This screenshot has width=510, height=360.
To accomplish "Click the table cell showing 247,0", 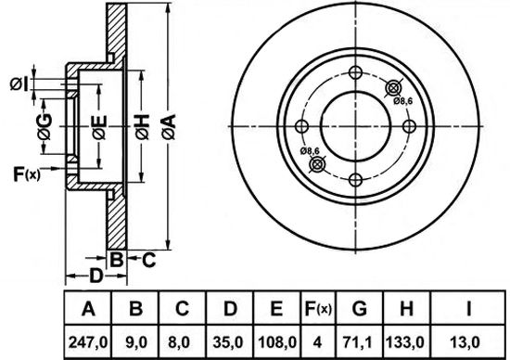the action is coord(88,342).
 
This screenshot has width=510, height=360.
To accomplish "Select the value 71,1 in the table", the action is coord(359,342).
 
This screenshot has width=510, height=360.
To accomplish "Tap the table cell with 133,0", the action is coord(405,342).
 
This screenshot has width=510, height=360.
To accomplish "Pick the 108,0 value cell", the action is coord(277,342).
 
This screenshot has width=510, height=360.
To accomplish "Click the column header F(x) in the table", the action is coord(318,308).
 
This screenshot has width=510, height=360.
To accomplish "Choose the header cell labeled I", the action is coord(468,308).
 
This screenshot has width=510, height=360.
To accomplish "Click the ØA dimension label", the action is coord(169,127).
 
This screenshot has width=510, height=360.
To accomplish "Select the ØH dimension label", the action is coord(142,127).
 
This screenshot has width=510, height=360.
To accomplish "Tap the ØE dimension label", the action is coord(99,127).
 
